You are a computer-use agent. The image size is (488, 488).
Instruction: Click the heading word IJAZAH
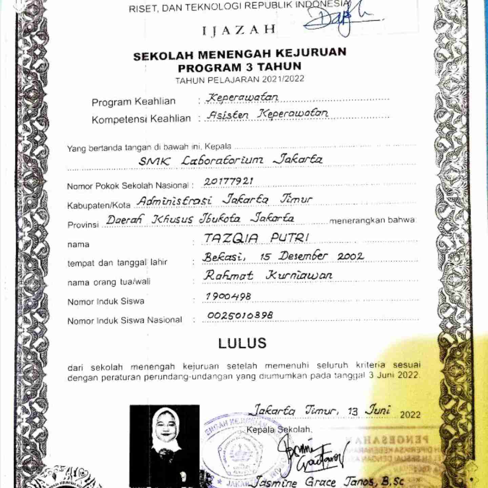(239, 30)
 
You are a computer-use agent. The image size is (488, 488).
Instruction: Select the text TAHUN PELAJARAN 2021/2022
(240, 80)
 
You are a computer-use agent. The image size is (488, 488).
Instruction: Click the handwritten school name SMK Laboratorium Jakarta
(230, 160)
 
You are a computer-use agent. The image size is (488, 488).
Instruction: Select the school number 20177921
(228, 182)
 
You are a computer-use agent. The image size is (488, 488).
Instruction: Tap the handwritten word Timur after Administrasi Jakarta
(296, 199)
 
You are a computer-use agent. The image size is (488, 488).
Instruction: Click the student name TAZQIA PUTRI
(256, 238)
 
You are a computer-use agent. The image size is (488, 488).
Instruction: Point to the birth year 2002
(350, 256)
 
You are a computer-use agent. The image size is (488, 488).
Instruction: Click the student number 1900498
(228, 296)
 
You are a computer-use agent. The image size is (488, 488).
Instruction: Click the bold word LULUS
(242, 343)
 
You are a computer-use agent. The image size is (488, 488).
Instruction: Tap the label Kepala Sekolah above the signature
(278, 430)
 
